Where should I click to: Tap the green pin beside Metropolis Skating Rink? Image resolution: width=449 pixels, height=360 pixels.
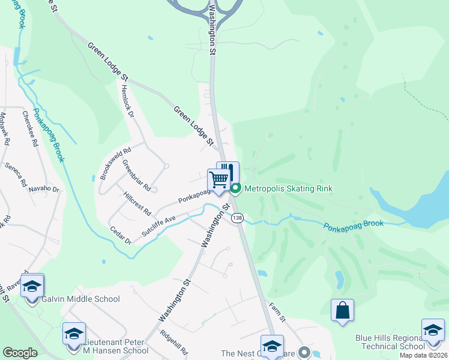tap(236, 189)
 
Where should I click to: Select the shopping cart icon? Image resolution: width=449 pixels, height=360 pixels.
tap(219, 179)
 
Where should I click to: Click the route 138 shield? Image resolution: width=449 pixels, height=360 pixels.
tap(238, 218)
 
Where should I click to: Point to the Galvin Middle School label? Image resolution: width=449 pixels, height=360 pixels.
tap(80, 299)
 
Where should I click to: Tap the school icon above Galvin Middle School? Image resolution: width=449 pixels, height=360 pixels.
tap(33, 286)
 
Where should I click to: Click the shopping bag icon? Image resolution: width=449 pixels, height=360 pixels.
tap(342, 310)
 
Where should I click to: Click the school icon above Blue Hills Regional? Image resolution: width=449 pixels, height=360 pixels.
tap(433, 330)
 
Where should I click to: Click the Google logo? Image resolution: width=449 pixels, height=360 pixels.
tap(20, 353)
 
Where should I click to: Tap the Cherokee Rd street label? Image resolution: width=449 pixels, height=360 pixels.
tap(30, 129)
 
